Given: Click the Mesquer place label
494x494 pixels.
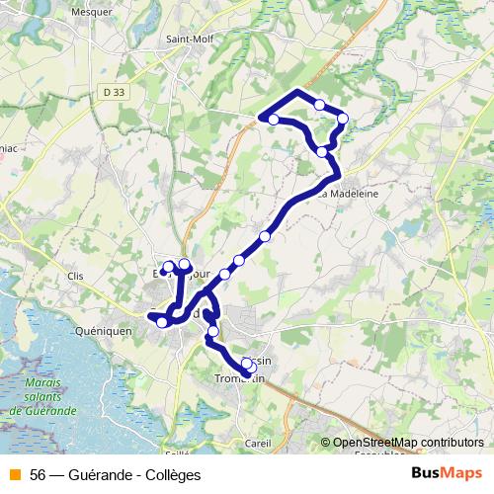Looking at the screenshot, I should tap(92, 13).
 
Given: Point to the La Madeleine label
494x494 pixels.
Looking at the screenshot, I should tap(348, 194).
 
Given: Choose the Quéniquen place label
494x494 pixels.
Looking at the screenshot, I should tap(103, 332).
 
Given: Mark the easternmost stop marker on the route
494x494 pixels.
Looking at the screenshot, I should tap(343, 119).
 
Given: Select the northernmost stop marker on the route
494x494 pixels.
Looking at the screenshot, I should tap(319, 104).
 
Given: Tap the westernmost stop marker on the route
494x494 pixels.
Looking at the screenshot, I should tap(162, 322).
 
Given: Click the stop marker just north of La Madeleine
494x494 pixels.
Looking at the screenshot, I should tap(322, 152).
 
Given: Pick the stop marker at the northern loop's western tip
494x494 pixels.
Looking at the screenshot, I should tap(273, 120).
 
